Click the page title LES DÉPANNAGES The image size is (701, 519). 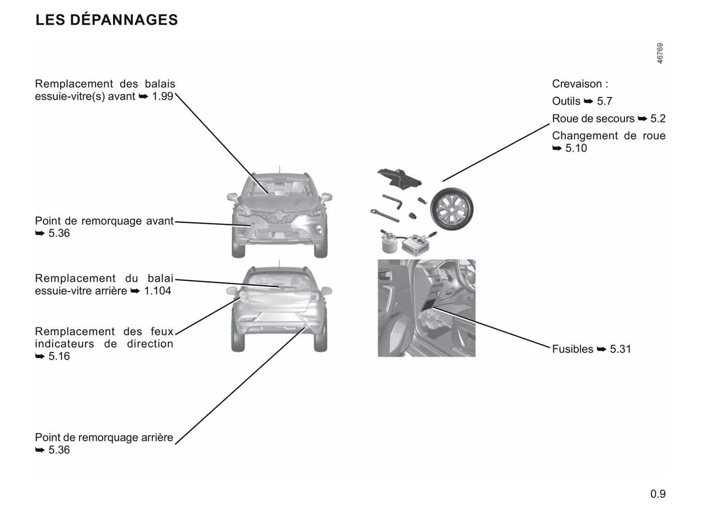pyautogui.click(x=107, y=19)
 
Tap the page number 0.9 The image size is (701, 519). pyautogui.click(x=658, y=494)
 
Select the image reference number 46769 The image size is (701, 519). pyautogui.click(x=660, y=53)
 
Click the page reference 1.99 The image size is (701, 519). pyautogui.click(x=163, y=96)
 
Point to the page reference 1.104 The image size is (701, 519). pyautogui.click(x=157, y=291)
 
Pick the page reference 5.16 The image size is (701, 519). pyautogui.click(x=59, y=356)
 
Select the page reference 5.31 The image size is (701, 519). pyautogui.click(x=620, y=349)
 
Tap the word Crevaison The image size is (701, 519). pyautogui.click(x=577, y=84)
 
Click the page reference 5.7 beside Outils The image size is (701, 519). pyautogui.click(x=604, y=101)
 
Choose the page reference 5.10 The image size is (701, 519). pyautogui.click(x=576, y=148)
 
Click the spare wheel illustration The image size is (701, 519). pyautogui.click(x=452, y=209)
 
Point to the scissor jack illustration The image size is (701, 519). pyautogui.click(x=399, y=179)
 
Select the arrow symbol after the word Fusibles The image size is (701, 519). pyautogui.click(x=602, y=349)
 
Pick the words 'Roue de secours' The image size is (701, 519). pyautogui.click(x=593, y=118)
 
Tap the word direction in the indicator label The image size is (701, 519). pyautogui.click(x=150, y=343)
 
